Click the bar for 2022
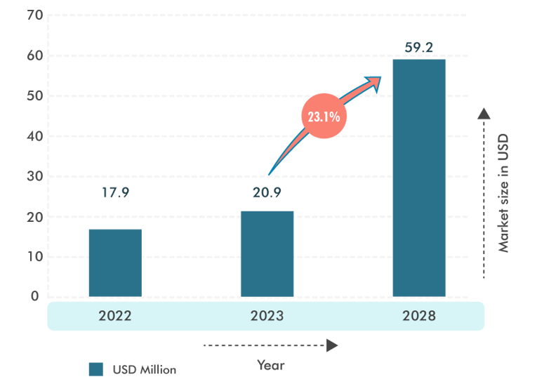114,263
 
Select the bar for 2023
267,253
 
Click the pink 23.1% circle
324,117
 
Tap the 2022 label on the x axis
114,316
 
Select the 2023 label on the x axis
267,316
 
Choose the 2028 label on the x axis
419,316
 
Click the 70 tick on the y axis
34,15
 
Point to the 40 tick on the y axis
34,135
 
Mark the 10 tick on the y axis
34,256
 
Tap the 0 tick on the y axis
34,296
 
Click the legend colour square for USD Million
95,369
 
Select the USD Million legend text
144,369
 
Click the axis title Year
270,365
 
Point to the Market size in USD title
503,193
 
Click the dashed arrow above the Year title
270,345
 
